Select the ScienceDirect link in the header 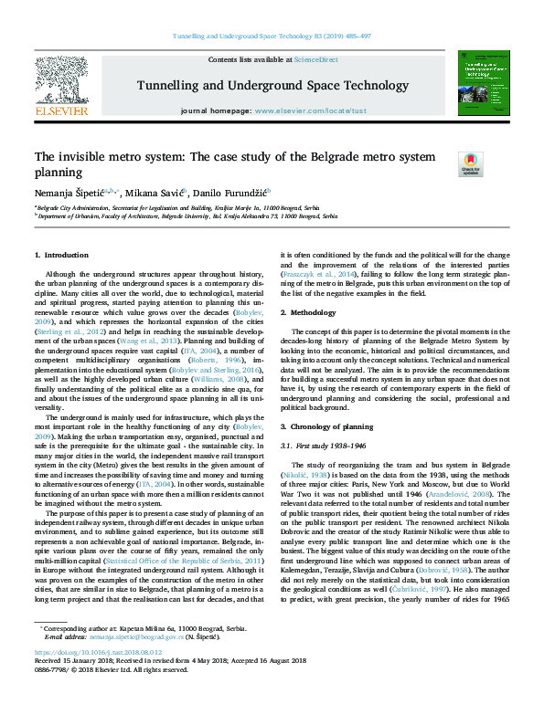pos(315,59)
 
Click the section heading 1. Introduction pos(62,254)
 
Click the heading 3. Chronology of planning pos(326,427)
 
